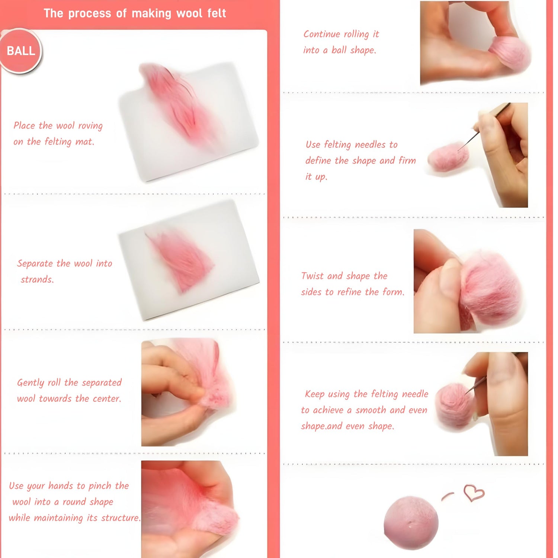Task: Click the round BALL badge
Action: [21, 51]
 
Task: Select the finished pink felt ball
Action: [411, 522]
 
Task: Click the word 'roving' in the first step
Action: [90, 126]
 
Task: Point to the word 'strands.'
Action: [37, 279]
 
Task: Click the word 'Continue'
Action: [322, 34]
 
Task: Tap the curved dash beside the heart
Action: [448, 496]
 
